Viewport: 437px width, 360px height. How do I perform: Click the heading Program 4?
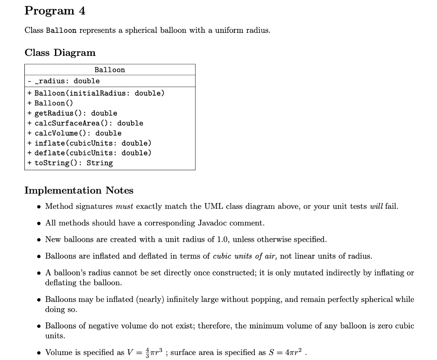tap(55, 11)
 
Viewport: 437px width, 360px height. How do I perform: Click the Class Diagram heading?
tap(60, 53)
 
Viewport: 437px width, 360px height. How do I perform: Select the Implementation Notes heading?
tap(79, 190)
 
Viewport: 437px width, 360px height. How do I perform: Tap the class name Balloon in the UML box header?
tap(110, 70)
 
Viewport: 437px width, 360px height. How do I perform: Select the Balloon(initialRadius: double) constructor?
tap(99, 93)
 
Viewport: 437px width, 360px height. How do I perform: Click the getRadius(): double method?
tap(76, 113)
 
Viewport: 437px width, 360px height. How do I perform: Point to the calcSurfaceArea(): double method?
tap(89, 123)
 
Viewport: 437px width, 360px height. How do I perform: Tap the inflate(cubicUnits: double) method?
tap(93, 143)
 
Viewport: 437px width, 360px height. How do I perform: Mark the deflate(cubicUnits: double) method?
tap(93, 153)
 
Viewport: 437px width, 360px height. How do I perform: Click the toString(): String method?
tap(73, 163)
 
